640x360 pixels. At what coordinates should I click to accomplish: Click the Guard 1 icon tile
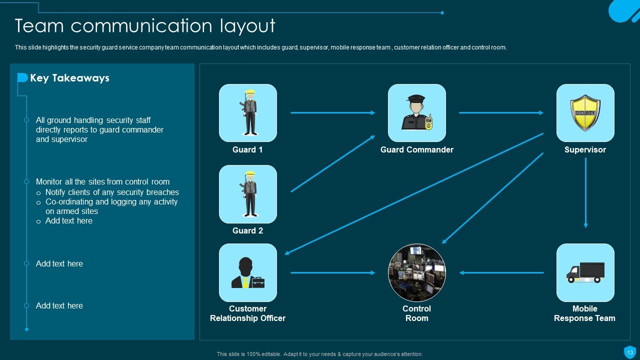tap(247, 113)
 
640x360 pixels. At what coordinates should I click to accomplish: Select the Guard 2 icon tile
tap(247, 194)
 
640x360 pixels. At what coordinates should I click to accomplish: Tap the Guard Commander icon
tap(417, 113)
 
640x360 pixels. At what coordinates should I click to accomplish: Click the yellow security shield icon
tap(585, 113)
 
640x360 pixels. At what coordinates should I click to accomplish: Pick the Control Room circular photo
tap(417, 272)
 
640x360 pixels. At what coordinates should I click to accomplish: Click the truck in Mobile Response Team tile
tap(585, 272)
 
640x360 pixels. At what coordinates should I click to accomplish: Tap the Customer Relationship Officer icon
tap(247, 272)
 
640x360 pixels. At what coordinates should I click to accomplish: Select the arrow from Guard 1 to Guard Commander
tap(332, 113)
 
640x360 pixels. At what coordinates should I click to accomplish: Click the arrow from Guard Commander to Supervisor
tap(501, 113)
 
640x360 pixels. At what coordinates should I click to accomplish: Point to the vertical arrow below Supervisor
tap(585, 193)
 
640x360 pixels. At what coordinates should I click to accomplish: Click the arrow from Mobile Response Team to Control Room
tap(501, 273)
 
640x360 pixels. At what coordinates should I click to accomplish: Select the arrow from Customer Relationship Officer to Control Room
tap(332, 273)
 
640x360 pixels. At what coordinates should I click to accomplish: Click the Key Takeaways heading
tap(69, 78)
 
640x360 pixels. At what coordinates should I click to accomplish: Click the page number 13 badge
tap(629, 352)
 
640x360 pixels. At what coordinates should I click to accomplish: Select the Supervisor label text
tap(585, 149)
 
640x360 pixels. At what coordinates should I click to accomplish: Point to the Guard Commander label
tap(417, 149)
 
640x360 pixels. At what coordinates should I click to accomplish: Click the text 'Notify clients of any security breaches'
tap(112, 192)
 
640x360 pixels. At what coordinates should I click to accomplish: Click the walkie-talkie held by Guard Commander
tap(428, 122)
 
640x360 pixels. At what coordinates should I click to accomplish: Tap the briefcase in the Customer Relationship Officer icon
tap(258, 282)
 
